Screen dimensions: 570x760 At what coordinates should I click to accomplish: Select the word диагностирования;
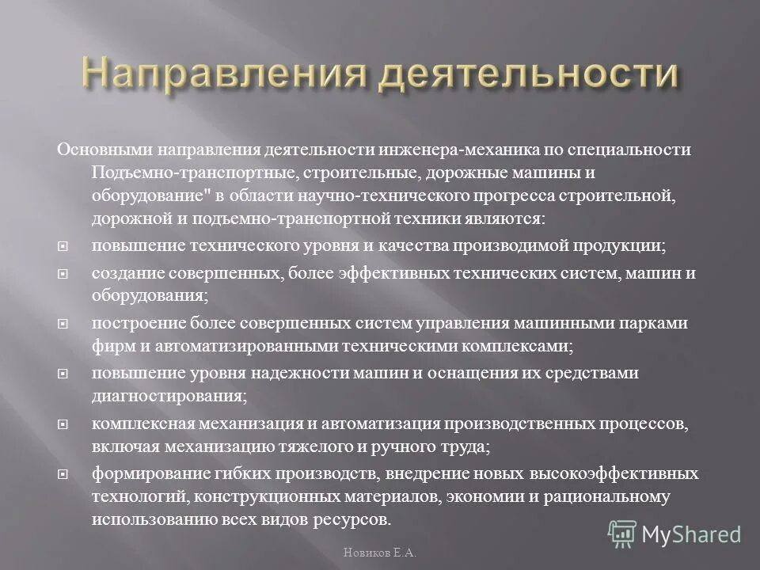click(x=169, y=395)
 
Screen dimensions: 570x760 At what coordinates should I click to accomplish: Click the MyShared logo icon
click(x=622, y=534)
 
